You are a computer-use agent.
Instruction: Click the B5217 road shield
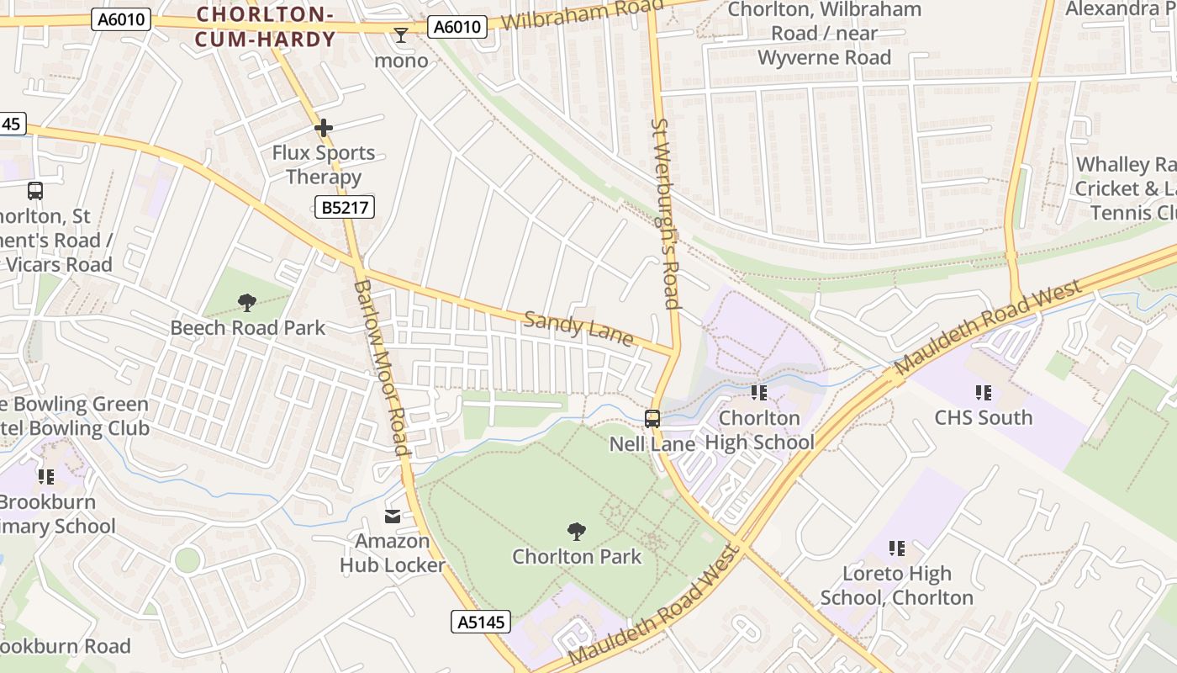pyautogui.click(x=345, y=207)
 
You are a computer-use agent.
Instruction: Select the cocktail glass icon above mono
pyautogui.click(x=401, y=35)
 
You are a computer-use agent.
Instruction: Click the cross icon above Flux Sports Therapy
pyautogui.click(x=324, y=128)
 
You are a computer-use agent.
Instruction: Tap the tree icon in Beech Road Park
pyautogui.click(x=247, y=302)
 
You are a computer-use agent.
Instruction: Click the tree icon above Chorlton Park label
pyautogui.click(x=577, y=531)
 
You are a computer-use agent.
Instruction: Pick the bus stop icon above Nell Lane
pyautogui.click(x=652, y=418)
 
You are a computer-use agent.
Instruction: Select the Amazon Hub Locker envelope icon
pyautogui.click(x=393, y=516)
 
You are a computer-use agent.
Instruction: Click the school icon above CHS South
pyautogui.click(x=984, y=392)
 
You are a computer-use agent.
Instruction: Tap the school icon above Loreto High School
pyautogui.click(x=897, y=548)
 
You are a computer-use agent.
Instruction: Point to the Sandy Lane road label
pyautogui.click(x=578, y=328)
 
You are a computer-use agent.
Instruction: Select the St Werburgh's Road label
pyautogui.click(x=665, y=214)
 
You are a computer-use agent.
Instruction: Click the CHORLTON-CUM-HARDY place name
pyautogui.click(x=265, y=26)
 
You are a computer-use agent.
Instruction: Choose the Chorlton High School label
pyautogui.click(x=759, y=430)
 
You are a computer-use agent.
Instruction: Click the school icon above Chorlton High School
pyautogui.click(x=759, y=392)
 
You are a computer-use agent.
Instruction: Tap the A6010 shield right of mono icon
pyautogui.click(x=457, y=27)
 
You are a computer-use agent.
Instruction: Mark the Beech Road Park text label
pyautogui.click(x=247, y=327)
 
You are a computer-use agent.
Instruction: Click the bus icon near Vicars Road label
pyautogui.click(x=34, y=190)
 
